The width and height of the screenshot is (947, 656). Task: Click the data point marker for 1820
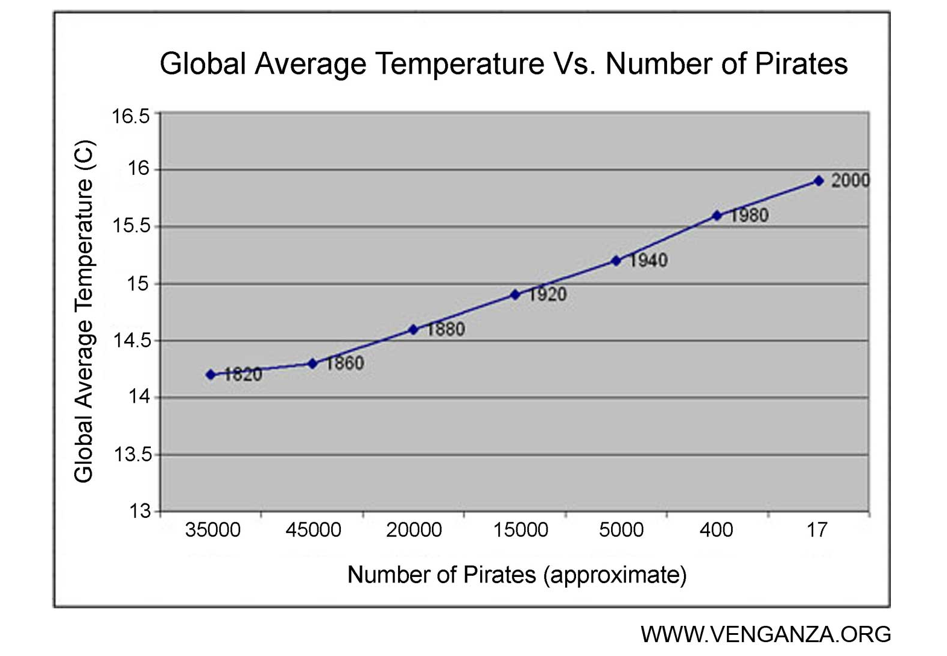(211, 374)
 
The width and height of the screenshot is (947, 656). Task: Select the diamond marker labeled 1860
(312, 364)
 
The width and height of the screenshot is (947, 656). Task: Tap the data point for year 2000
(819, 181)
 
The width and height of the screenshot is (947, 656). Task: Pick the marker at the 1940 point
(616, 260)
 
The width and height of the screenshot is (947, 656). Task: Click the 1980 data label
(749, 215)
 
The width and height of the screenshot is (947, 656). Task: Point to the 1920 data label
(548, 294)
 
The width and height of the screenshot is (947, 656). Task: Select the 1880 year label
(446, 329)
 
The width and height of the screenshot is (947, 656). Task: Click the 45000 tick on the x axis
(313, 530)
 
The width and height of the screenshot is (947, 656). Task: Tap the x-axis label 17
(817, 530)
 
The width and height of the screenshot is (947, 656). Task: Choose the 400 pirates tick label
(716, 530)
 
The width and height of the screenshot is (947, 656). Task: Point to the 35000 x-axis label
(212, 530)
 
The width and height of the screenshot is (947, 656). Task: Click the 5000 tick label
(621, 530)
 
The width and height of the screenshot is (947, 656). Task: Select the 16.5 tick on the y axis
(131, 116)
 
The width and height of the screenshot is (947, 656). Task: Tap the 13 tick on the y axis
(139, 511)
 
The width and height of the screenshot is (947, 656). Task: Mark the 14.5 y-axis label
(131, 341)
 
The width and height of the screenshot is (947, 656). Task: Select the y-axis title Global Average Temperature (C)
(84, 311)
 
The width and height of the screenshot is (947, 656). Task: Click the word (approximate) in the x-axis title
(615, 575)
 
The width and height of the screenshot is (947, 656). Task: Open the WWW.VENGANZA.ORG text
(765, 634)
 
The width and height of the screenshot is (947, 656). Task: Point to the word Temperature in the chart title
(460, 64)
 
